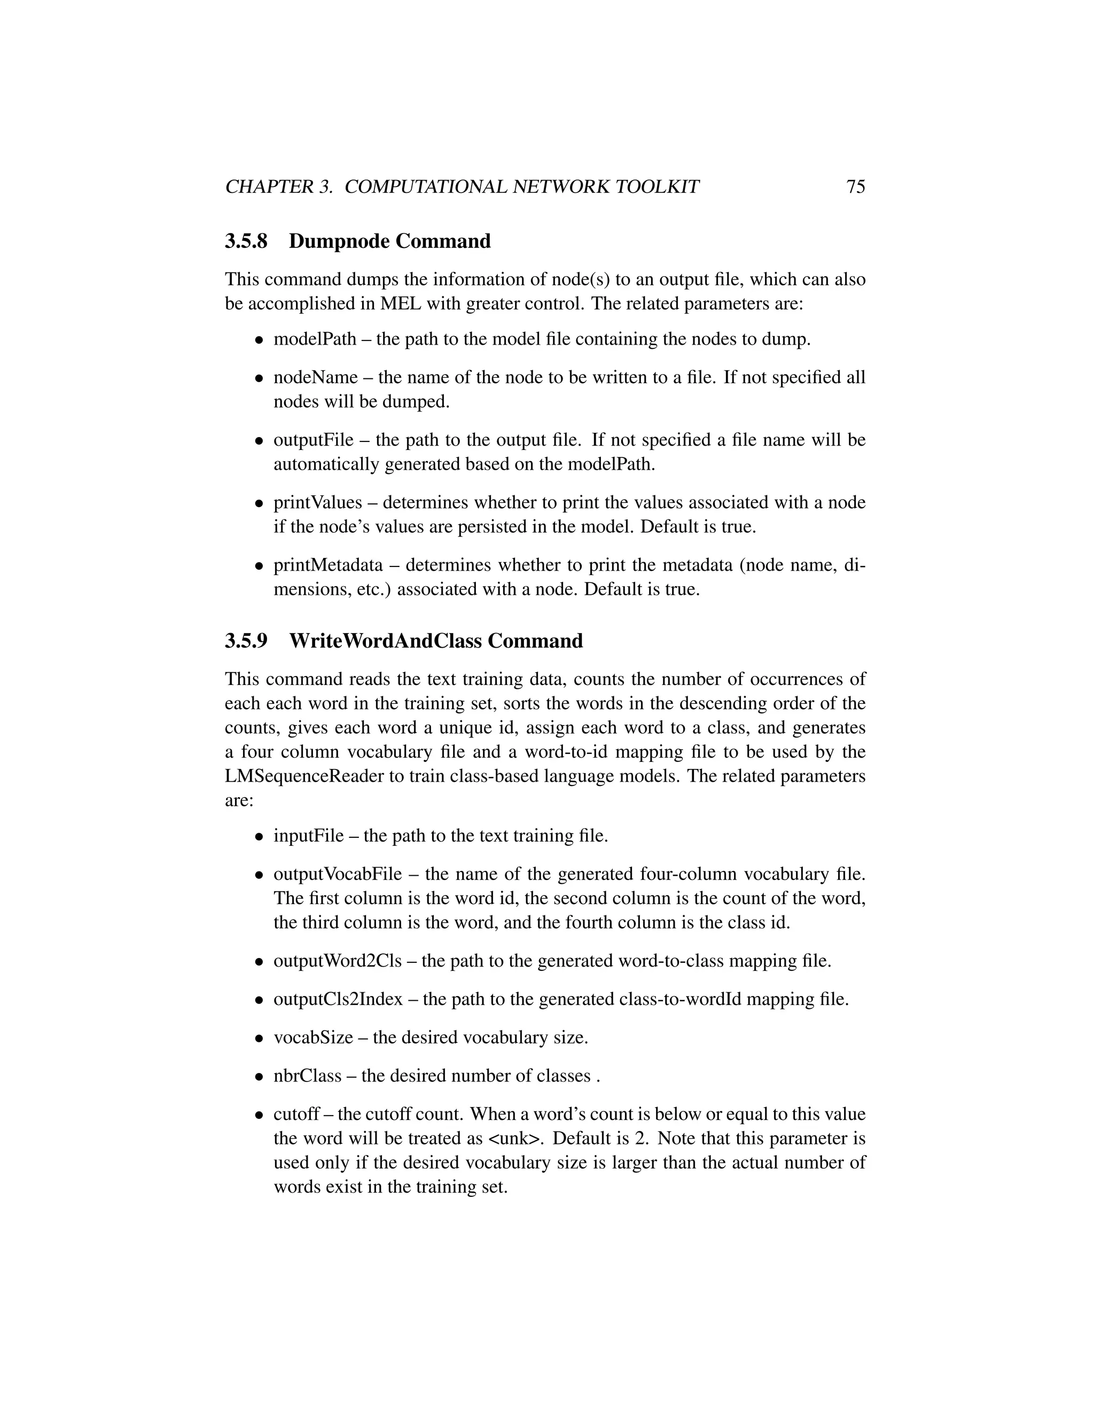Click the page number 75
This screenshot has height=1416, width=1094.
856,186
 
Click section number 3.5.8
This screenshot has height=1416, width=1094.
246,241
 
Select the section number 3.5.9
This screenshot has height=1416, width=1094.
246,641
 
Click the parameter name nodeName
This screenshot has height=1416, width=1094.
315,378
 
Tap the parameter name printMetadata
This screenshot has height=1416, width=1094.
328,565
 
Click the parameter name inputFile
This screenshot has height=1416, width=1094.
309,836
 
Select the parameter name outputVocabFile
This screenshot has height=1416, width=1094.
337,875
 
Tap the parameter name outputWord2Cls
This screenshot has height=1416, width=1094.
337,961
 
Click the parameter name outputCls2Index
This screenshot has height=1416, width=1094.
338,999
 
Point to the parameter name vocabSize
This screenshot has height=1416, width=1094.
313,1037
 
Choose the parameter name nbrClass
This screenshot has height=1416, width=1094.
307,1076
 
